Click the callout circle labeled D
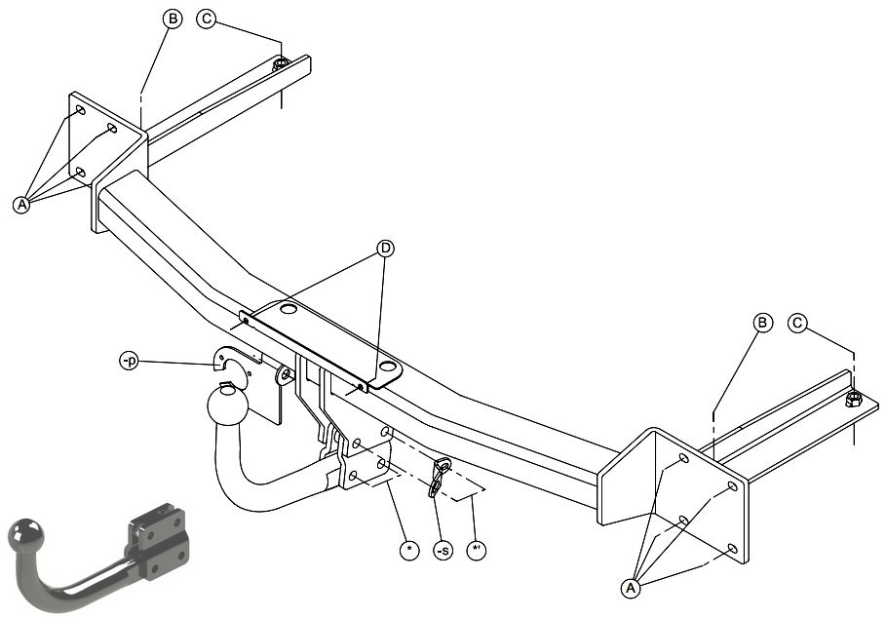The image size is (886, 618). tap(385, 248)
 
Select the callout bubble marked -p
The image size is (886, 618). tap(130, 361)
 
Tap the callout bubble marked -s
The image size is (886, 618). tap(443, 550)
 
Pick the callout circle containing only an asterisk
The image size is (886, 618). tap(409, 550)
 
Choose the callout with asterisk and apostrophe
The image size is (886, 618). tap(477, 550)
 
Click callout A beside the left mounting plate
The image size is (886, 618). tap(21, 204)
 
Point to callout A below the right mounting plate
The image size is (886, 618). tap(631, 588)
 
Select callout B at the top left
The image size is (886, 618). tap(173, 19)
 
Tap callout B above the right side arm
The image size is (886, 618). tap(763, 323)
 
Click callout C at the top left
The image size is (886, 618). tap(207, 19)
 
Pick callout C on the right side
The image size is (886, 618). tap(797, 323)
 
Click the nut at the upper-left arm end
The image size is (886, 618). tap(281, 64)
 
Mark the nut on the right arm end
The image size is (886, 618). tap(853, 400)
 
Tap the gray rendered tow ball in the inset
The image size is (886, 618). tap(26, 534)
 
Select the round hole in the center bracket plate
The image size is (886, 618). tap(289, 309)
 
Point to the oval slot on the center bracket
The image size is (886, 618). tap(388, 367)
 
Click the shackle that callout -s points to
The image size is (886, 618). tap(439, 478)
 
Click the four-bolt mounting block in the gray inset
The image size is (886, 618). tap(158, 541)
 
